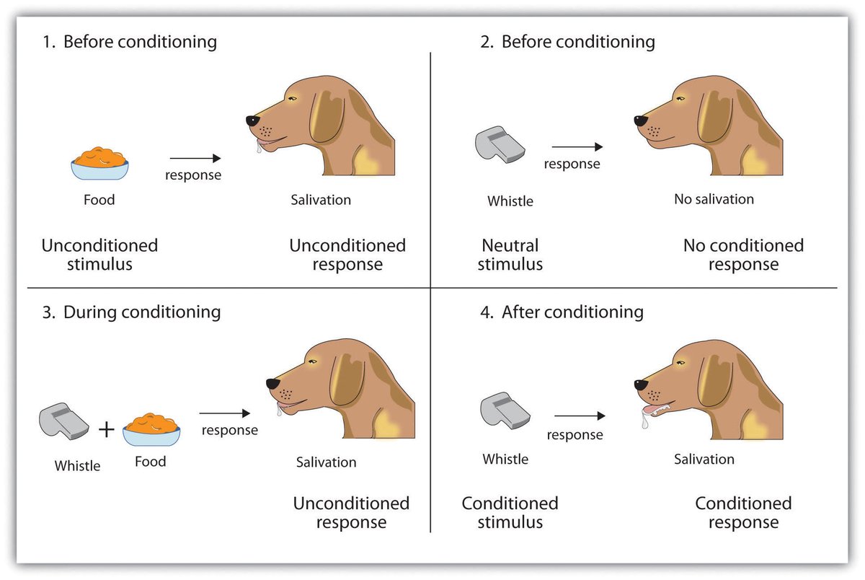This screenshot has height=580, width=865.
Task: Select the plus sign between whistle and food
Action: (x=106, y=430)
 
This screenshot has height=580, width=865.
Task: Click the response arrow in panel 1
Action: (x=195, y=158)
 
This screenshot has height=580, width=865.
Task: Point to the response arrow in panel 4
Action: (x=579, y=416)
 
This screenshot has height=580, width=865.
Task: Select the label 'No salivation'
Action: (x=714, y=199)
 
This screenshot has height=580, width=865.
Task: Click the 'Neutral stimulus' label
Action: (x=510, y=255)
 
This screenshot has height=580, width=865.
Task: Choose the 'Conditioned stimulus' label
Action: (x=510, y=512)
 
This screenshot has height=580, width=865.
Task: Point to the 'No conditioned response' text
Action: (x=743, y=255)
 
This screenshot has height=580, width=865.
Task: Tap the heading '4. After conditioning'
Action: (x=562, y=312)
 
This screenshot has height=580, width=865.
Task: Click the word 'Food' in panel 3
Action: (x=150, y=462)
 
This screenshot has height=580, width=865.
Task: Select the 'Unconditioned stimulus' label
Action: (x=99, y=255)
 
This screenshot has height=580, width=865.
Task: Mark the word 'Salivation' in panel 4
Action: (x=704, y=460)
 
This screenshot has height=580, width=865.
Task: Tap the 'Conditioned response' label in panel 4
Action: (x=743, y=512)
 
